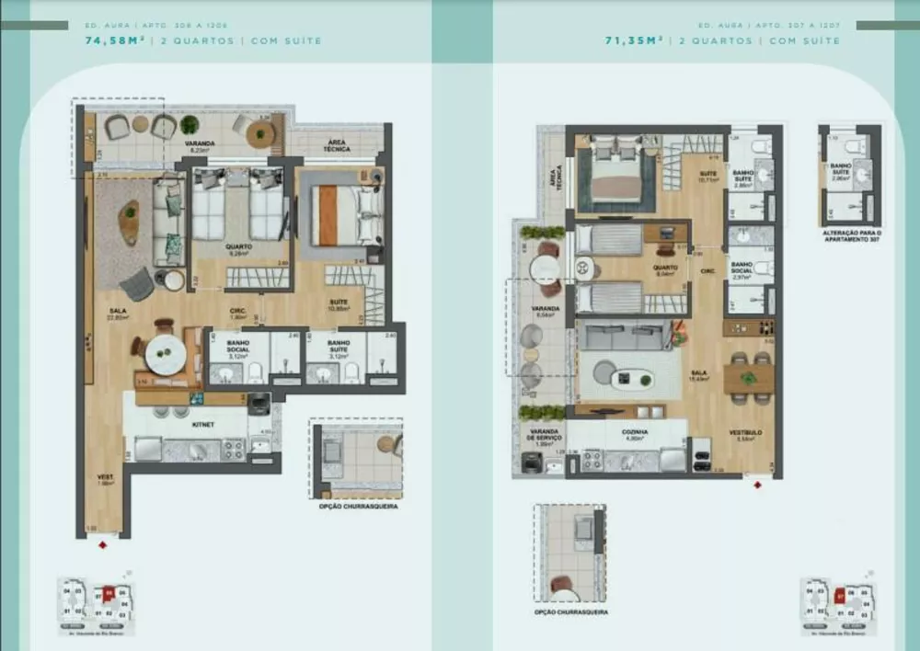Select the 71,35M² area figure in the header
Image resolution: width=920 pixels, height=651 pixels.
[x=636, y=40]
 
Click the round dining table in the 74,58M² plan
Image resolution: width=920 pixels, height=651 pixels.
[x=166, y=351]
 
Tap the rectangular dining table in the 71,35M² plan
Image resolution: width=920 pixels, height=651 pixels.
[x=748, y=377]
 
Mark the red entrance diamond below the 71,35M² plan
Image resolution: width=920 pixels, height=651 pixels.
[x=757, y=485]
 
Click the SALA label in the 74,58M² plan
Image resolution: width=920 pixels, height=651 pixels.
[x=117, y=313]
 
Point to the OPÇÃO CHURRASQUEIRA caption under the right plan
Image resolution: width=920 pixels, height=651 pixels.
[x=570, y=612]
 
